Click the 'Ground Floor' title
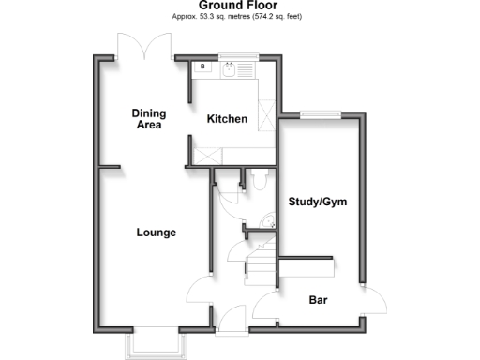239,6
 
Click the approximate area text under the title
239,17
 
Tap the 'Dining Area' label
148,117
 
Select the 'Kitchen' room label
227,119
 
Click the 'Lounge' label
156,232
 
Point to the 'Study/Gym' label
312,201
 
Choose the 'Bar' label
319,301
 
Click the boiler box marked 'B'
202,67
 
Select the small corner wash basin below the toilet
268,222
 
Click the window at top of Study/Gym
320,115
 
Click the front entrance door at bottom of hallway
232,319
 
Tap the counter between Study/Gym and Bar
307,266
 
